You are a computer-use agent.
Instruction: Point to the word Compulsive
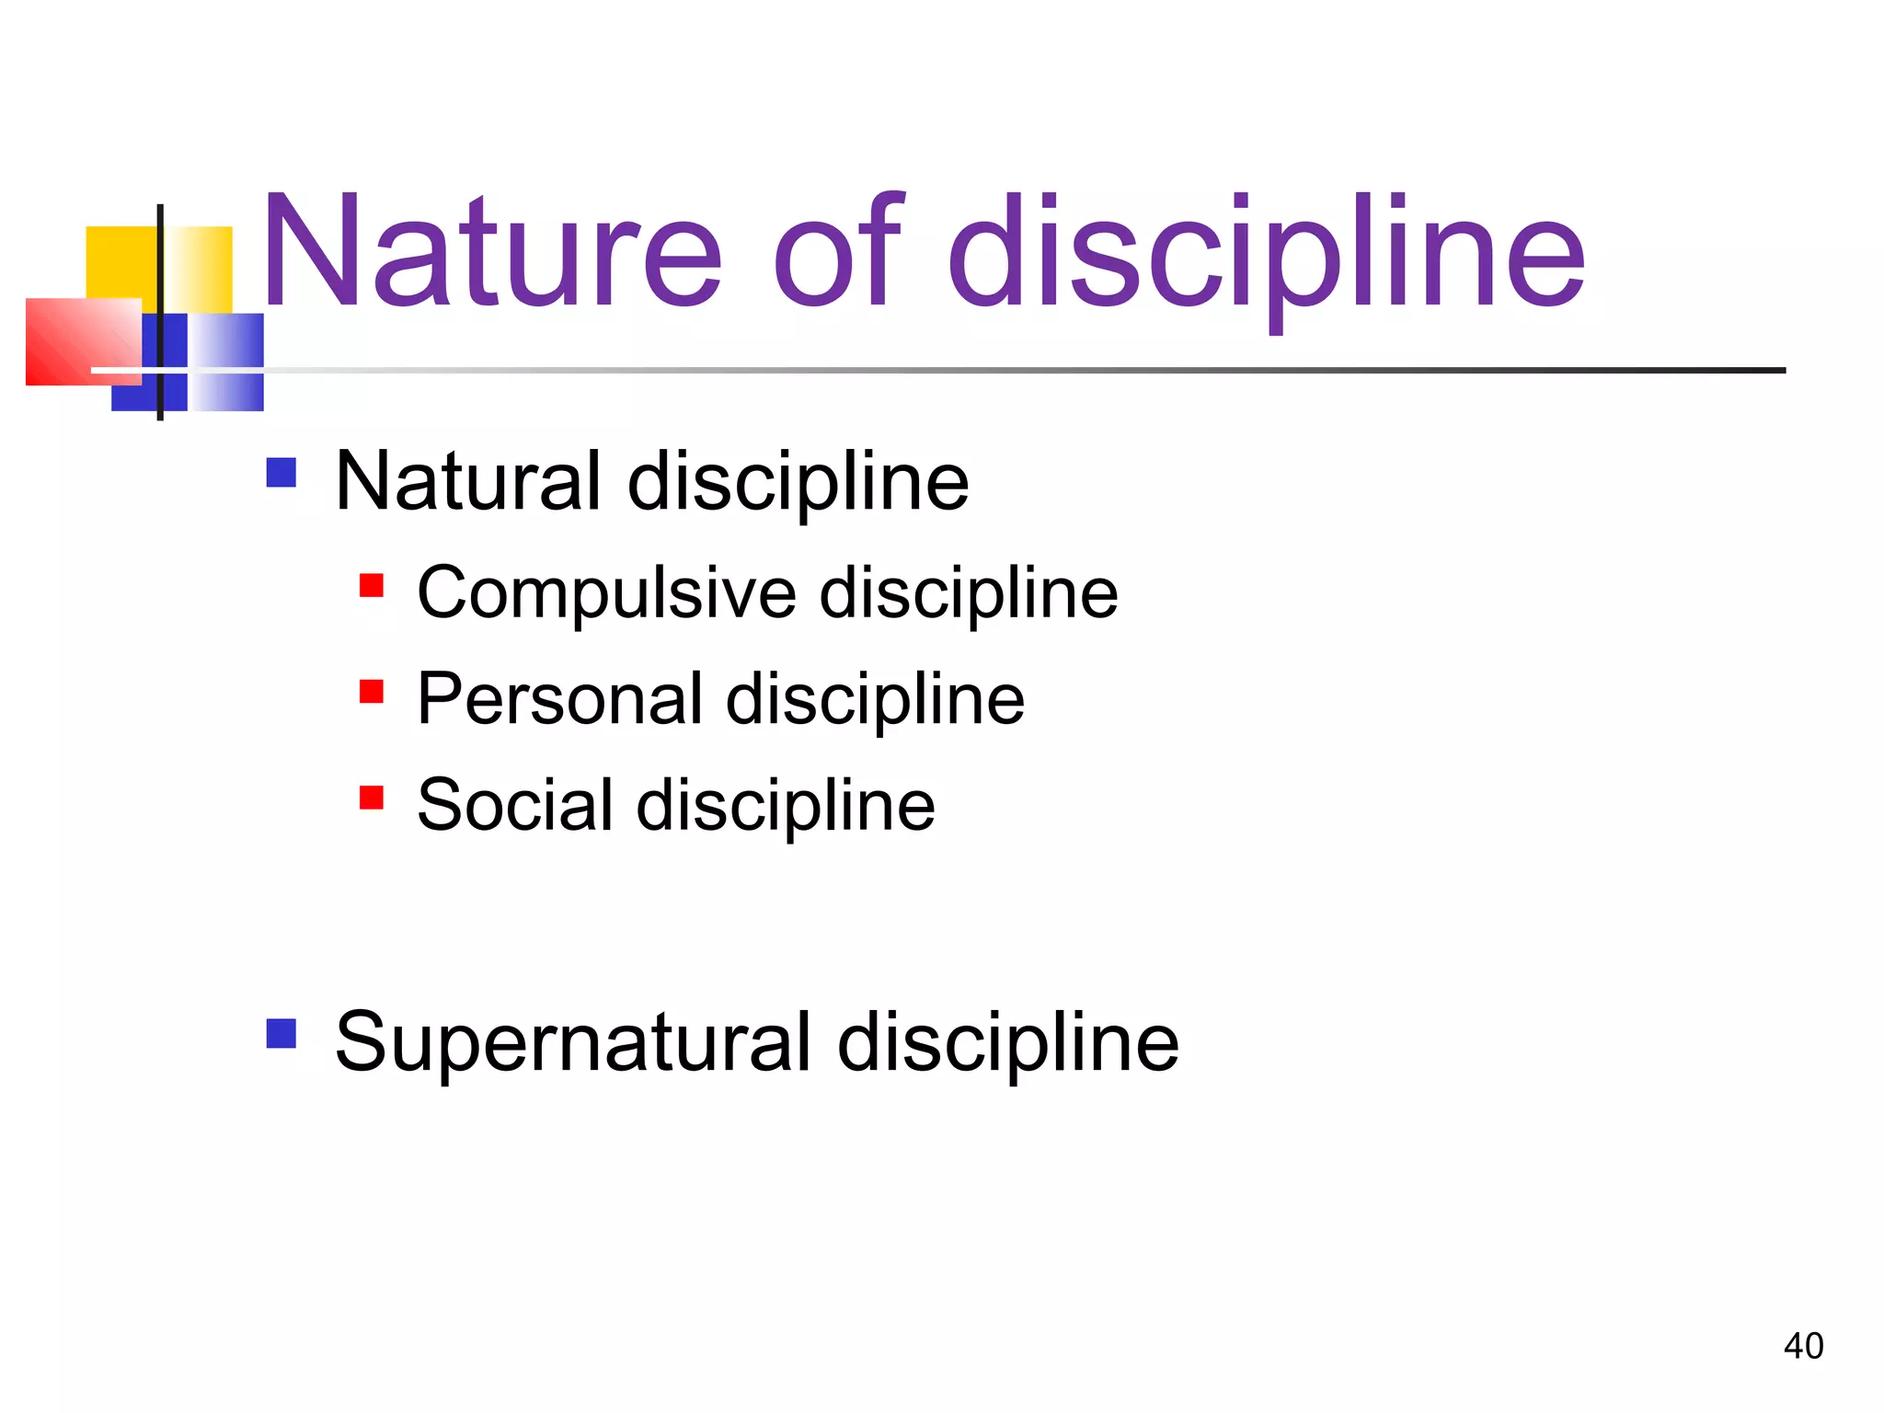pyautogui.click(x=606, y=593)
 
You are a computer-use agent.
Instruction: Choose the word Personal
pyautogui.click(x=560, y=699)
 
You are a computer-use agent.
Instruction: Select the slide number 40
pyautogui.click(x=1803, y=1346)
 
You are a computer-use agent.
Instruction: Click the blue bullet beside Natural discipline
pyautogui.click(x=281, y=473)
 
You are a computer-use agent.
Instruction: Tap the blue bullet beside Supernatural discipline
pyautogui.click(x=281, y=1033)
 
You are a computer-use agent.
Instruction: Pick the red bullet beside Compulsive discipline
pyautogui.click(x=372, y=586)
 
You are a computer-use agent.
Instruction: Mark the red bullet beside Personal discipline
pyautogui.click(x=372, y=692)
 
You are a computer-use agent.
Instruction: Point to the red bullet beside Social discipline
pyautogui.click(x=372, y=798)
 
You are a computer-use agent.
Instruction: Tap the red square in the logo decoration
pyautogui.click(x=83, y=341)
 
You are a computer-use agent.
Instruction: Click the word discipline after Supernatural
pyautogui.click(x=1008, y=1044)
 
